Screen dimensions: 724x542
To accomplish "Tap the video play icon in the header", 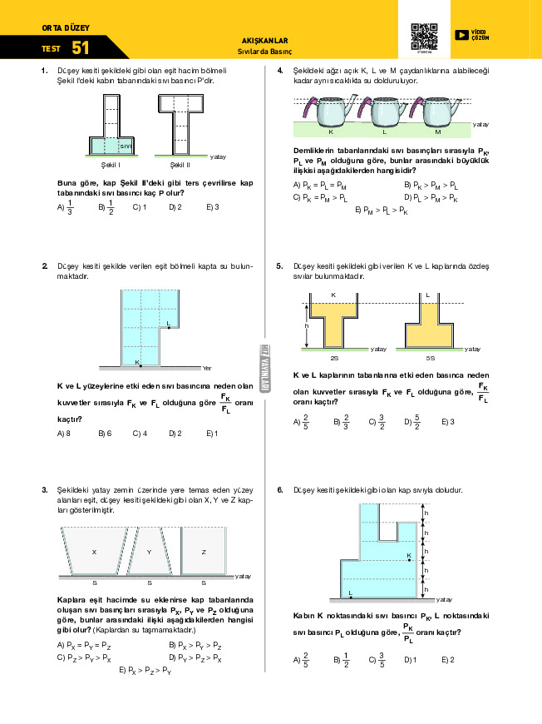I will [461, 34].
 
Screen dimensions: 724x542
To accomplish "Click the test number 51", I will [81, 47].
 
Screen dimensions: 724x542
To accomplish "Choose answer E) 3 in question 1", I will [212, 206].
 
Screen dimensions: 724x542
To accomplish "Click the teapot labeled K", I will [333, 111].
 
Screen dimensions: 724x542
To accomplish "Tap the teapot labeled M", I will [437, 111].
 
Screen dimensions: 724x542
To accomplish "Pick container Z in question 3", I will [204, 551].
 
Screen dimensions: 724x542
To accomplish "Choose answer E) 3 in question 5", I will [448, 422].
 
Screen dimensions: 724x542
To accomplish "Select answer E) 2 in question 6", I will [447, 660].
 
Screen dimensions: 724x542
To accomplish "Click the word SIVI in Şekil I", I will [126, 146].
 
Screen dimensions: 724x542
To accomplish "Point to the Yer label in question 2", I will [207, 368].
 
